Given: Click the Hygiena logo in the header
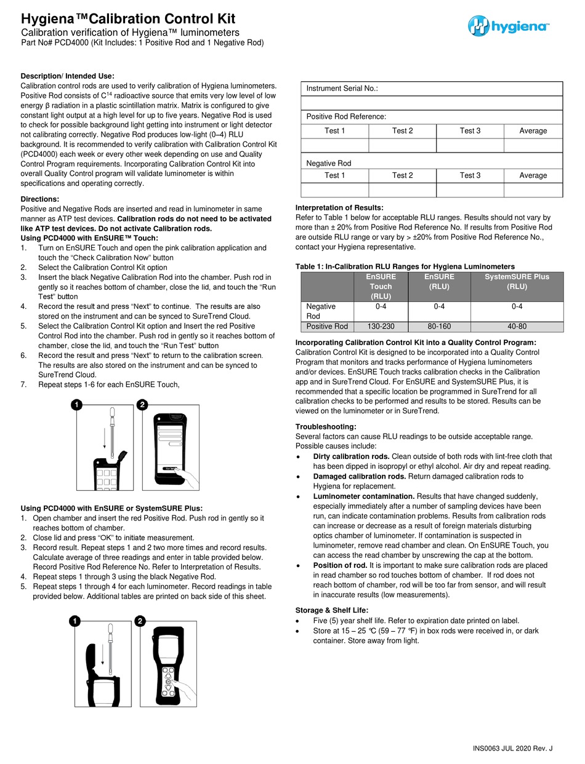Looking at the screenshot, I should pos(508,26).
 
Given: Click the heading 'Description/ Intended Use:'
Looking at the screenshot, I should pos(68,76).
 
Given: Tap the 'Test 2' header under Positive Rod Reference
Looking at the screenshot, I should pos(402,130).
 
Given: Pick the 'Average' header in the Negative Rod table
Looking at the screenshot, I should pos(533,175).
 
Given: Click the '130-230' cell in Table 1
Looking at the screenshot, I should pos(380,327).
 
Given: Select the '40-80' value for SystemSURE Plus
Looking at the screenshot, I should pos(517,327).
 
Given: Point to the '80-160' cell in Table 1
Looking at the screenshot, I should pos(440,327).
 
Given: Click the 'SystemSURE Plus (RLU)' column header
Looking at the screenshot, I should pos(517,282).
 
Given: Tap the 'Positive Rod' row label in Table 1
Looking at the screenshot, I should pos(327,327).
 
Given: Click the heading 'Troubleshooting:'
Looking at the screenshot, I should pos(326,426).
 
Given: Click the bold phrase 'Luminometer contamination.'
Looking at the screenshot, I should pos(363,496).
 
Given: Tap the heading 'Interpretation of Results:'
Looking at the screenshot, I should pos(339,207).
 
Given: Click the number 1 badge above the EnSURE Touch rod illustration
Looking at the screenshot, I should pos(76,405).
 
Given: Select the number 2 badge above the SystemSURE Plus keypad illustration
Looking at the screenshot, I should pos(140,621).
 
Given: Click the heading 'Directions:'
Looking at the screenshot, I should pos(40,199).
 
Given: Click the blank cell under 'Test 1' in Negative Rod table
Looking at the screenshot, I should pos(334,190).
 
